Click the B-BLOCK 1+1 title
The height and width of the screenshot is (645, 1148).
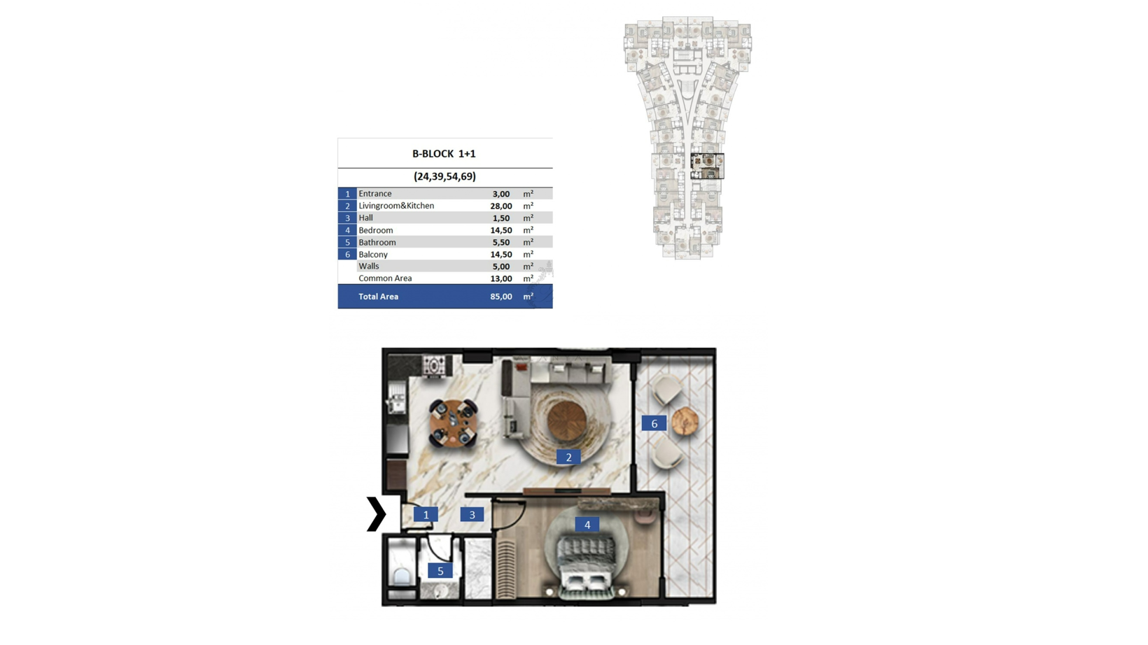point(444,154)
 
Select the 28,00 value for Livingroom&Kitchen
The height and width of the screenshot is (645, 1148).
point(500,206)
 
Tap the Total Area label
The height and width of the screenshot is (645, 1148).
point(378,297)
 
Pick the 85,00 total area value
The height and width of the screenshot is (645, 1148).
point(500,297)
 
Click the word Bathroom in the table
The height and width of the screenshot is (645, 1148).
point(377,242)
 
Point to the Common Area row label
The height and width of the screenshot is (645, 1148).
point(385,278)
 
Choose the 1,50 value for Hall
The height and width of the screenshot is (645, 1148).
point(500,218)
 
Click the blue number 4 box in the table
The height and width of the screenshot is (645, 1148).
point(347,230)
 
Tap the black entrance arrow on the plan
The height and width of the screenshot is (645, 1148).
point(376,514)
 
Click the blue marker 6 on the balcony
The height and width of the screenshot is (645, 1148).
point(654,423)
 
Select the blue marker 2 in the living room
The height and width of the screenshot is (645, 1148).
point(568,457)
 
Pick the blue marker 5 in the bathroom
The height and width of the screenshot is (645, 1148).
point(440,571)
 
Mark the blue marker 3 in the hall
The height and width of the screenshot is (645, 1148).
point(472,514)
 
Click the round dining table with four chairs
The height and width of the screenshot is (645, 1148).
point(454,423)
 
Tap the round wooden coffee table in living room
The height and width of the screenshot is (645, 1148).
point(566,421)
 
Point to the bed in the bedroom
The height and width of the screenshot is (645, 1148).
point(587,565)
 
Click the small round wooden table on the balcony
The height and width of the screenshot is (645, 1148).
point(685,421)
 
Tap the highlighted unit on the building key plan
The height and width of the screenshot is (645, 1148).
point(707,166)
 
